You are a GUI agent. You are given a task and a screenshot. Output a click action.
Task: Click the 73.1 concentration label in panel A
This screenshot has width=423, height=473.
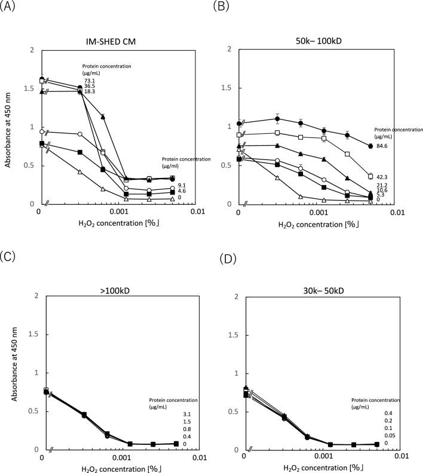click(89, 81)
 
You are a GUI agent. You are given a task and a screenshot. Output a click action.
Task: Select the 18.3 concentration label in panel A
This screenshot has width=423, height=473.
click(89, 91)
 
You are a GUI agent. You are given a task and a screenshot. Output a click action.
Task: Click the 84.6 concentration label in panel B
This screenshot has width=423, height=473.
click(383, 146)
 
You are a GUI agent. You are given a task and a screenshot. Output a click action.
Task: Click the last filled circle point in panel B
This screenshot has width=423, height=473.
click(370, 146)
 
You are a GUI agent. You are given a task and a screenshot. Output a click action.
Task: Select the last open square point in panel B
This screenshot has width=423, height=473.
click(370, 176)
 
